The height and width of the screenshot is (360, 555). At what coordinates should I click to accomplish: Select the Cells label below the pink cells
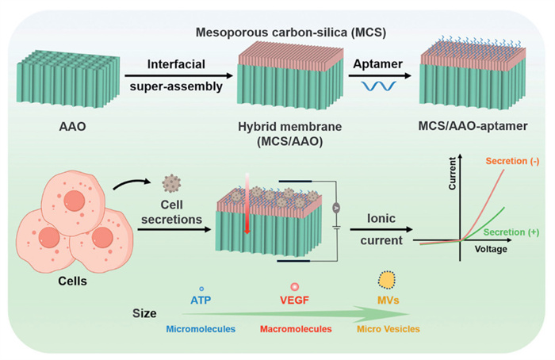tap(72, 282)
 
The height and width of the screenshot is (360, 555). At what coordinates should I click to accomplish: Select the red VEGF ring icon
tap(295, 285)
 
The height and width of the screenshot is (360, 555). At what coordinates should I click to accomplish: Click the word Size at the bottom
tap(145, 314)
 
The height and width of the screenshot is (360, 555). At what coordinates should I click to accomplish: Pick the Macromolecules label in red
tap(294, 327)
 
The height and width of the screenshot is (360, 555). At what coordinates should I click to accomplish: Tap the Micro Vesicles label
tap(387, 327)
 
